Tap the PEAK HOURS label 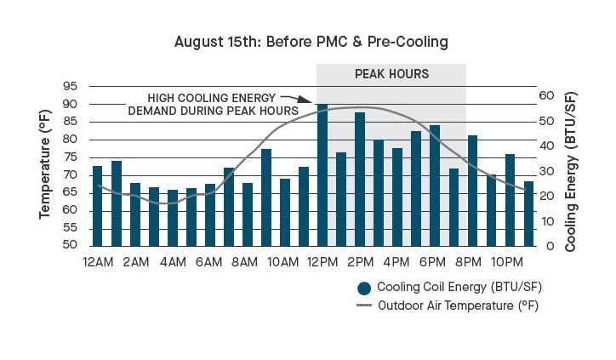[x=391, y=74]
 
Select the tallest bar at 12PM [x=322, y=175]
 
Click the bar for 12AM [x=97, y=206]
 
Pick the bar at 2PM [x=360, y=180]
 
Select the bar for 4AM [x=173, y=218]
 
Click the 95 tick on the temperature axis [x=70, y=87]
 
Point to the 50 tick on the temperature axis [x=70, y=247]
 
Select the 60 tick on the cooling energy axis [x=547, y=96]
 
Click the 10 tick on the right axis [x=547, y=221]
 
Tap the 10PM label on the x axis [x=509, y=260]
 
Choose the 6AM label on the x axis [x=209, y=260]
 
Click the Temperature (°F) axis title [x=46, y=167]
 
